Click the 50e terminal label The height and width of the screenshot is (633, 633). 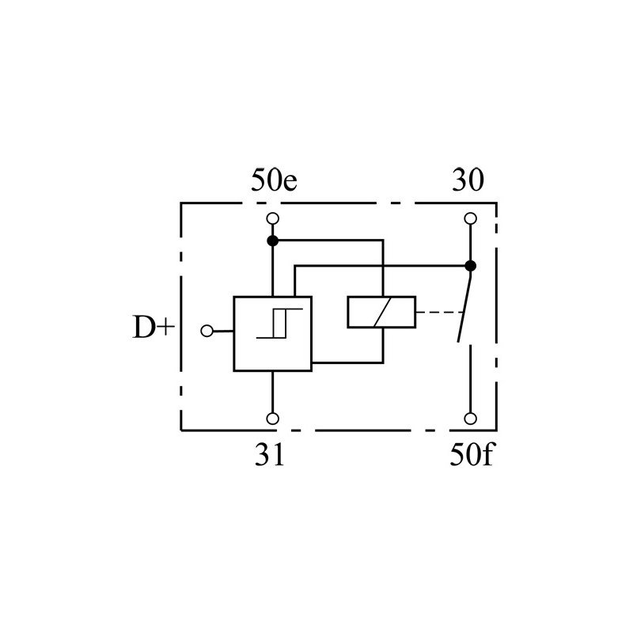[x=274, y=180]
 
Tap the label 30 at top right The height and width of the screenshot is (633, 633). [x=468, y=180]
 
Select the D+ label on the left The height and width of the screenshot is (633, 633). [x=154, y=327]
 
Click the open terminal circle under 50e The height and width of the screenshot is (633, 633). [x=273, y=218]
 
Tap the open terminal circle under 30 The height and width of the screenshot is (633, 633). [x=470, y=218]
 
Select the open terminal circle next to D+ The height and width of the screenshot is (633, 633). [x=207, y=331]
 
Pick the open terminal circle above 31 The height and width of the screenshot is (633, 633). [x=273, y=419]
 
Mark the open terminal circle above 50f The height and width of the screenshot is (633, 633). [x=470, y=419]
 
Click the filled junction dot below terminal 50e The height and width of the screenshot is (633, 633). [x=273, y=241]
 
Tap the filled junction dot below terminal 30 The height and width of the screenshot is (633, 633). [x=470, y=266]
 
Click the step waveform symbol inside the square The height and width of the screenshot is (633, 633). [x=279, y=324]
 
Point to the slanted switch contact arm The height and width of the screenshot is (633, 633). [x=464, y=307]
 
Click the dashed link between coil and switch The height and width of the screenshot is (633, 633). [x=439, y=312]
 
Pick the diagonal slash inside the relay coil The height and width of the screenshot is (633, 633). [x=382, y=312]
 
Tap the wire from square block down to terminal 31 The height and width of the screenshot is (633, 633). [x=273, y=392]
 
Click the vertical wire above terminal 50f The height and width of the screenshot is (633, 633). [x=470, y=378]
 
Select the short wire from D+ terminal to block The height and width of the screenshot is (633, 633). [x=223, y=331]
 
